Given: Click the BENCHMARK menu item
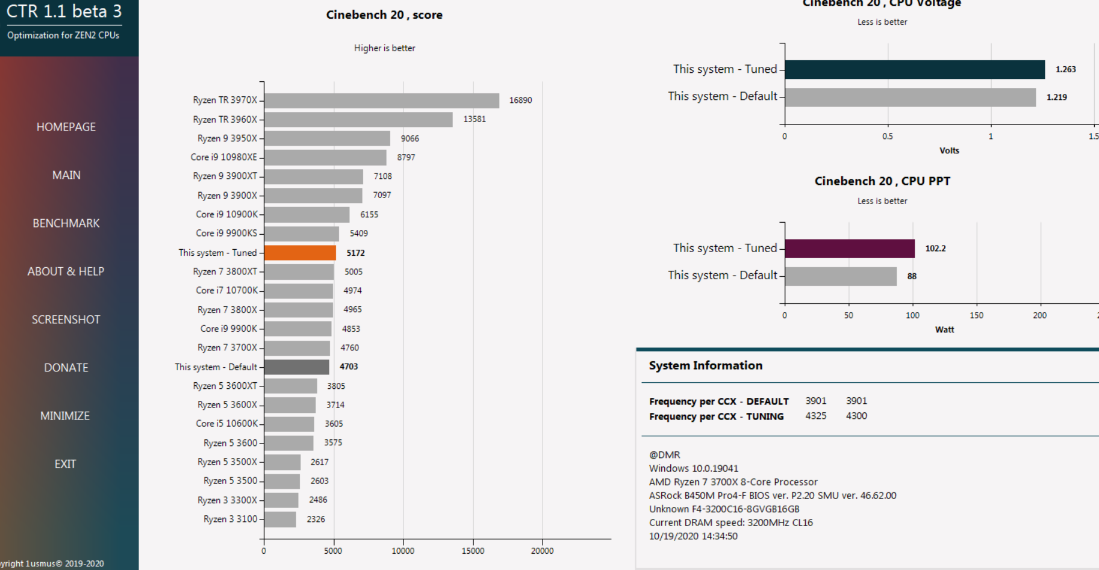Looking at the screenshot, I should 66,223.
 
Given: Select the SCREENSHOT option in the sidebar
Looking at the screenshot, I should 66,320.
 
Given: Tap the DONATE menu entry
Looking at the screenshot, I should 66,368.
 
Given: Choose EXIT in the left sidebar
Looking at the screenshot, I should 66,464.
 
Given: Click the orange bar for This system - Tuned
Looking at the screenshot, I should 300,253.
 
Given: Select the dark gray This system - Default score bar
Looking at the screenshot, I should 297,367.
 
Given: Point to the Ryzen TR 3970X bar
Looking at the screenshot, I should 382,101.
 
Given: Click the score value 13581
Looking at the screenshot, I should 475,119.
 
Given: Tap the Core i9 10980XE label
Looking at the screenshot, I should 224,157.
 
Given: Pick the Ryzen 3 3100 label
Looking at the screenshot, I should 230,519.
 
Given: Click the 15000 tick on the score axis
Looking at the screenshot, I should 473,551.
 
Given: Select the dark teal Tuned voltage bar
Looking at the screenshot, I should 915,69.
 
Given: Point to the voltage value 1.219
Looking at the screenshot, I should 1057,97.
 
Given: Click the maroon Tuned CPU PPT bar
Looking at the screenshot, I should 850,248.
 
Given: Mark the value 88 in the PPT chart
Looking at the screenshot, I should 912,276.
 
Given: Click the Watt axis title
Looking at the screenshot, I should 944,329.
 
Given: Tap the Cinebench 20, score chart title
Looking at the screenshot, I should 384,15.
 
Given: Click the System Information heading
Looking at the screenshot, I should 706,365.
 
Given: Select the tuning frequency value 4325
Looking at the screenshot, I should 816,416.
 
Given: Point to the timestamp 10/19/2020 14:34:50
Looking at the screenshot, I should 693,536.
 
